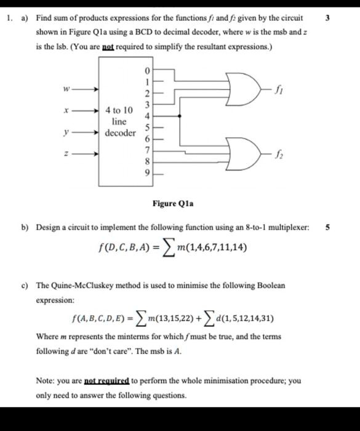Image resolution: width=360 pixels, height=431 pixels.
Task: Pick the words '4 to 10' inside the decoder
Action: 119,110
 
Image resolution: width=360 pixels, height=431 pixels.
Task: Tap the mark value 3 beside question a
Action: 327,17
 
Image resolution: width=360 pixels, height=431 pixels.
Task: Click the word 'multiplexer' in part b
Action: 287,227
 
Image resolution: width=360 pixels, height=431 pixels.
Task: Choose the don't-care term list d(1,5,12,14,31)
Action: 239,318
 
